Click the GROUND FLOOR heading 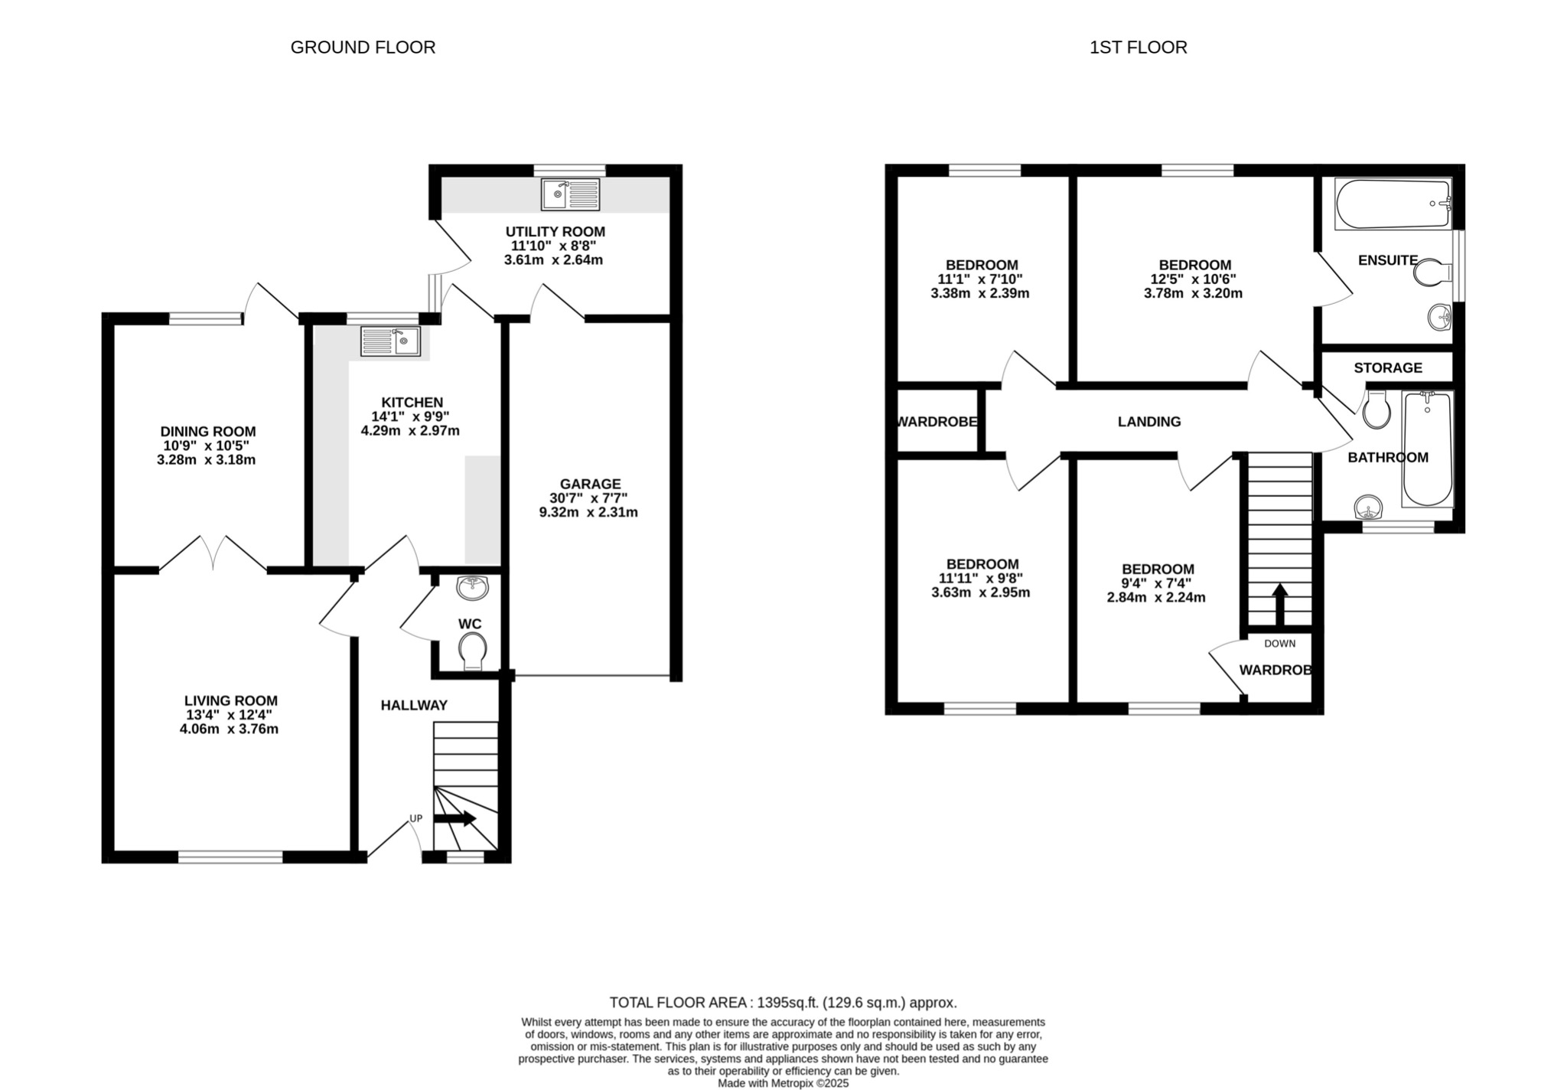point(363,47)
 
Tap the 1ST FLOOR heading point(1138,47)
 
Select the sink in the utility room point(570,194)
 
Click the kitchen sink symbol point(390,341)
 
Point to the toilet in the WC point(473,651)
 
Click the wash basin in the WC point(473,588)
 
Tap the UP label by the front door point(415,818)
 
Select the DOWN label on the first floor point(1279,644)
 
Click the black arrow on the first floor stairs point(1279,605)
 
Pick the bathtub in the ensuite point(1393,204)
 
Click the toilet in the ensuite point(1432,272)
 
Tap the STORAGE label point(1387,368)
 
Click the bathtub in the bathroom point(1427,449)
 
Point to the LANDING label point(1148,422)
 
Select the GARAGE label point(590,484)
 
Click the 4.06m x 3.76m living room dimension point(229,729)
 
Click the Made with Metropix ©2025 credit point(783,1083)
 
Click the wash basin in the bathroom point(1368,507)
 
